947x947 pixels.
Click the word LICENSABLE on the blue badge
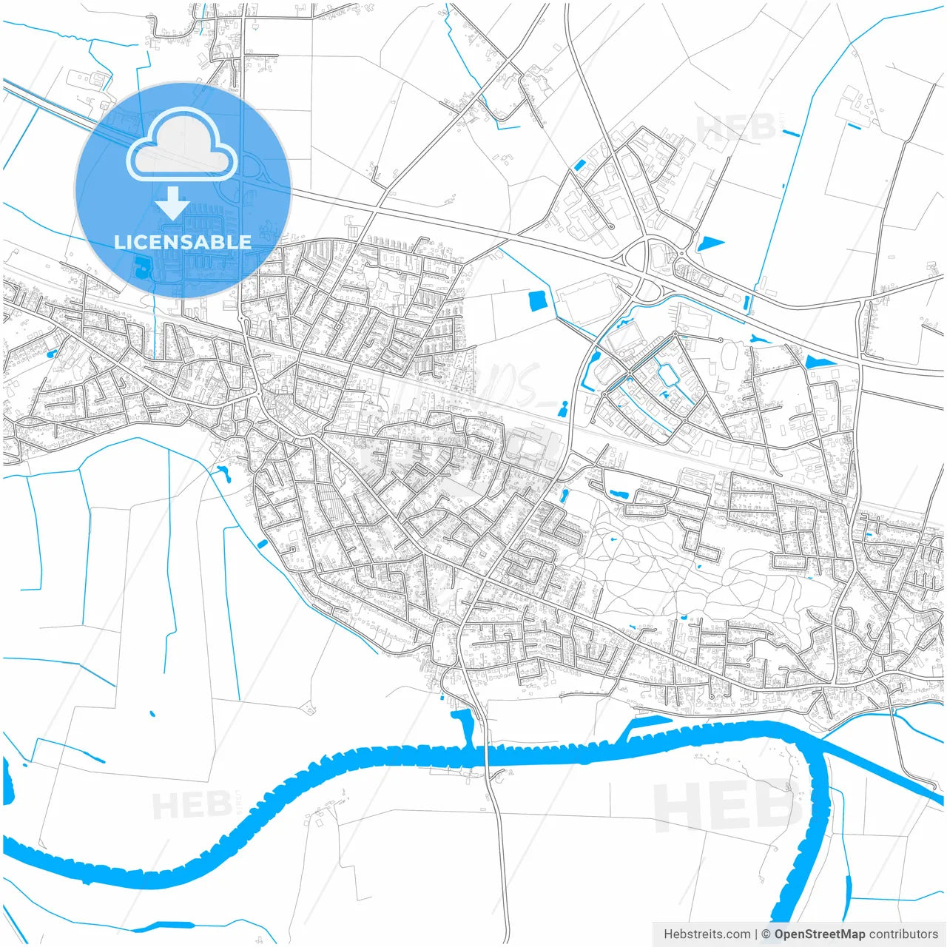pos(183,242)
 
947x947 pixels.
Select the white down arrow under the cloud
pos(173,203)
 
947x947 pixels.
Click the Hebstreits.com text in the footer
pos(707,934)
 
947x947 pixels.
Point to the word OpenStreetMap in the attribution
pos(819,934)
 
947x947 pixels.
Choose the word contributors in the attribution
pos(903,934)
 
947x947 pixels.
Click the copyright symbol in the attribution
pos(766,934)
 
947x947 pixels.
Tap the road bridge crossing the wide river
pos(487,755)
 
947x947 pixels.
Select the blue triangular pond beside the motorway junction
pos(709,243)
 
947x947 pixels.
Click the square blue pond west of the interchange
pos(537,300)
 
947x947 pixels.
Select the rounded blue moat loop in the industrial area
pos(670,376)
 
